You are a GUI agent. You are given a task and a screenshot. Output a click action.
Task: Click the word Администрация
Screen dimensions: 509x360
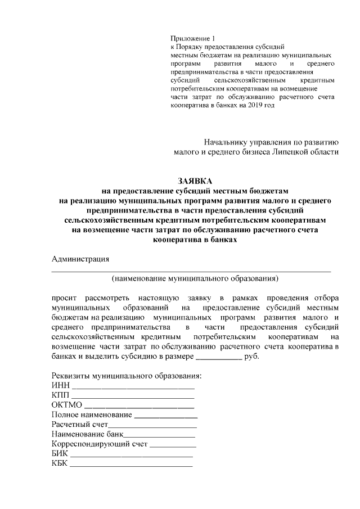tap(80, 259)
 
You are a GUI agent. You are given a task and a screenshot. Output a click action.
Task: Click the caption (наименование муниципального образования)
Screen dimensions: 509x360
tap(195, 278)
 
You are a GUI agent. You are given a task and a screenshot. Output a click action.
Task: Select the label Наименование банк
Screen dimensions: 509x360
tap(87, 435)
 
